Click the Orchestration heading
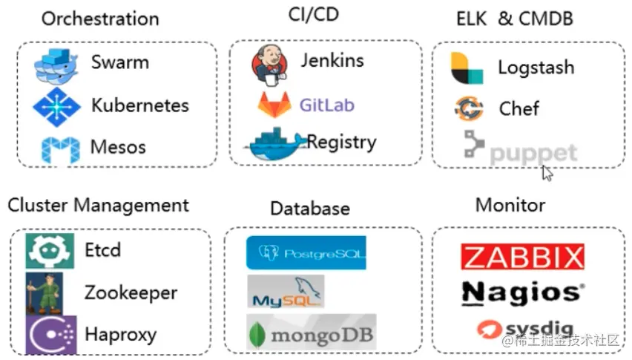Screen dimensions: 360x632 pyautogui.click(x=100, y=19)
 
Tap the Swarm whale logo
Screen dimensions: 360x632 pyautogui.click(x=56, y=65)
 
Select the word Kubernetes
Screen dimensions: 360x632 pyautogui.click(x=140, y=105)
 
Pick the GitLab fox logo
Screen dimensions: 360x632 pyautogui.click(x=274, y=105)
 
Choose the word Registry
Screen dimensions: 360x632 pyautogui.click(x=342, y=141)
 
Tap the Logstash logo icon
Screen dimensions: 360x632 pyautogui.click(x=467, y=68)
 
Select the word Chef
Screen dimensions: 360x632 pyautogui.click(x=519, y=108)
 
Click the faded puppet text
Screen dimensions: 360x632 pyautogui.click(x=533, y=154)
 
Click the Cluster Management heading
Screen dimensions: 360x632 pyautogui.click(x=99, y=205)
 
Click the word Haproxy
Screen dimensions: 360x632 pyautogui.click(x=120, y=334)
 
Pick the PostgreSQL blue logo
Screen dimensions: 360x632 pyautogui.click(x=306, y=253)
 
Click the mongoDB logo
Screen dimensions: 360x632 pyautogui.click(x=312, y=333)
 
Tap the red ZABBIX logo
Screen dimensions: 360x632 pyautogui.click(x=522, y=257)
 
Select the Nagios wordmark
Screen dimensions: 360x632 pyautogui.click(x=522, y=292)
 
